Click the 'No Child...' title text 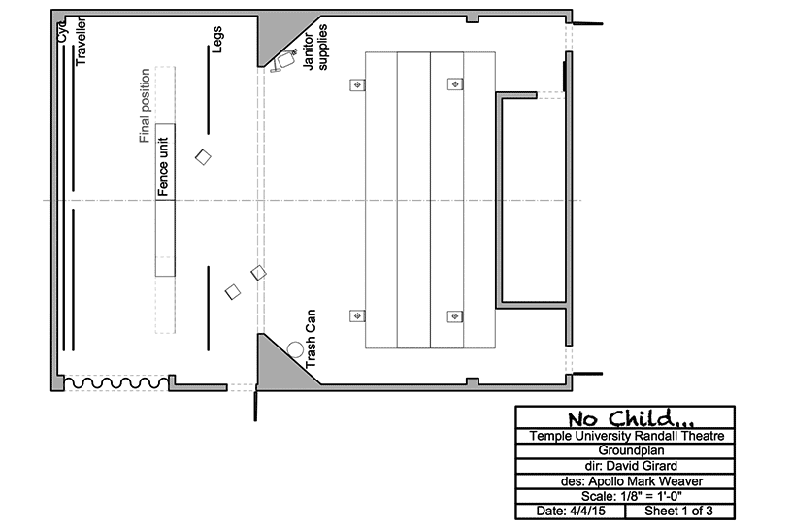coord(630,418)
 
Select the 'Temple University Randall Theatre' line coord(627,436)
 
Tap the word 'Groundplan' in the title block coord(631,450)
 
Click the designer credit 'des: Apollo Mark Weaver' coord(632,481)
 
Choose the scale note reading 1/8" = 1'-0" coord(632,496)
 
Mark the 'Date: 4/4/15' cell coord(571,511)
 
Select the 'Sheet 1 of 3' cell coord(678,511)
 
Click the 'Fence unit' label coord(163,166)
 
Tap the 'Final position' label coord(145,106)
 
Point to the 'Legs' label coord(217,40)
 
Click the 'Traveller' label coord(81,42)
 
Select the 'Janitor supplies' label coord(315,48)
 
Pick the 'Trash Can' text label coord(311,339)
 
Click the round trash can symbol coord(296,349)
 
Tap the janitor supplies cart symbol coord(284,61)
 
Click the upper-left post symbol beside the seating coord(358,84)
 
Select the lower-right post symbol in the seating coord(455,316)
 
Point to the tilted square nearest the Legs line coord(203,157)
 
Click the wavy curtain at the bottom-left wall coord(116,383)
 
